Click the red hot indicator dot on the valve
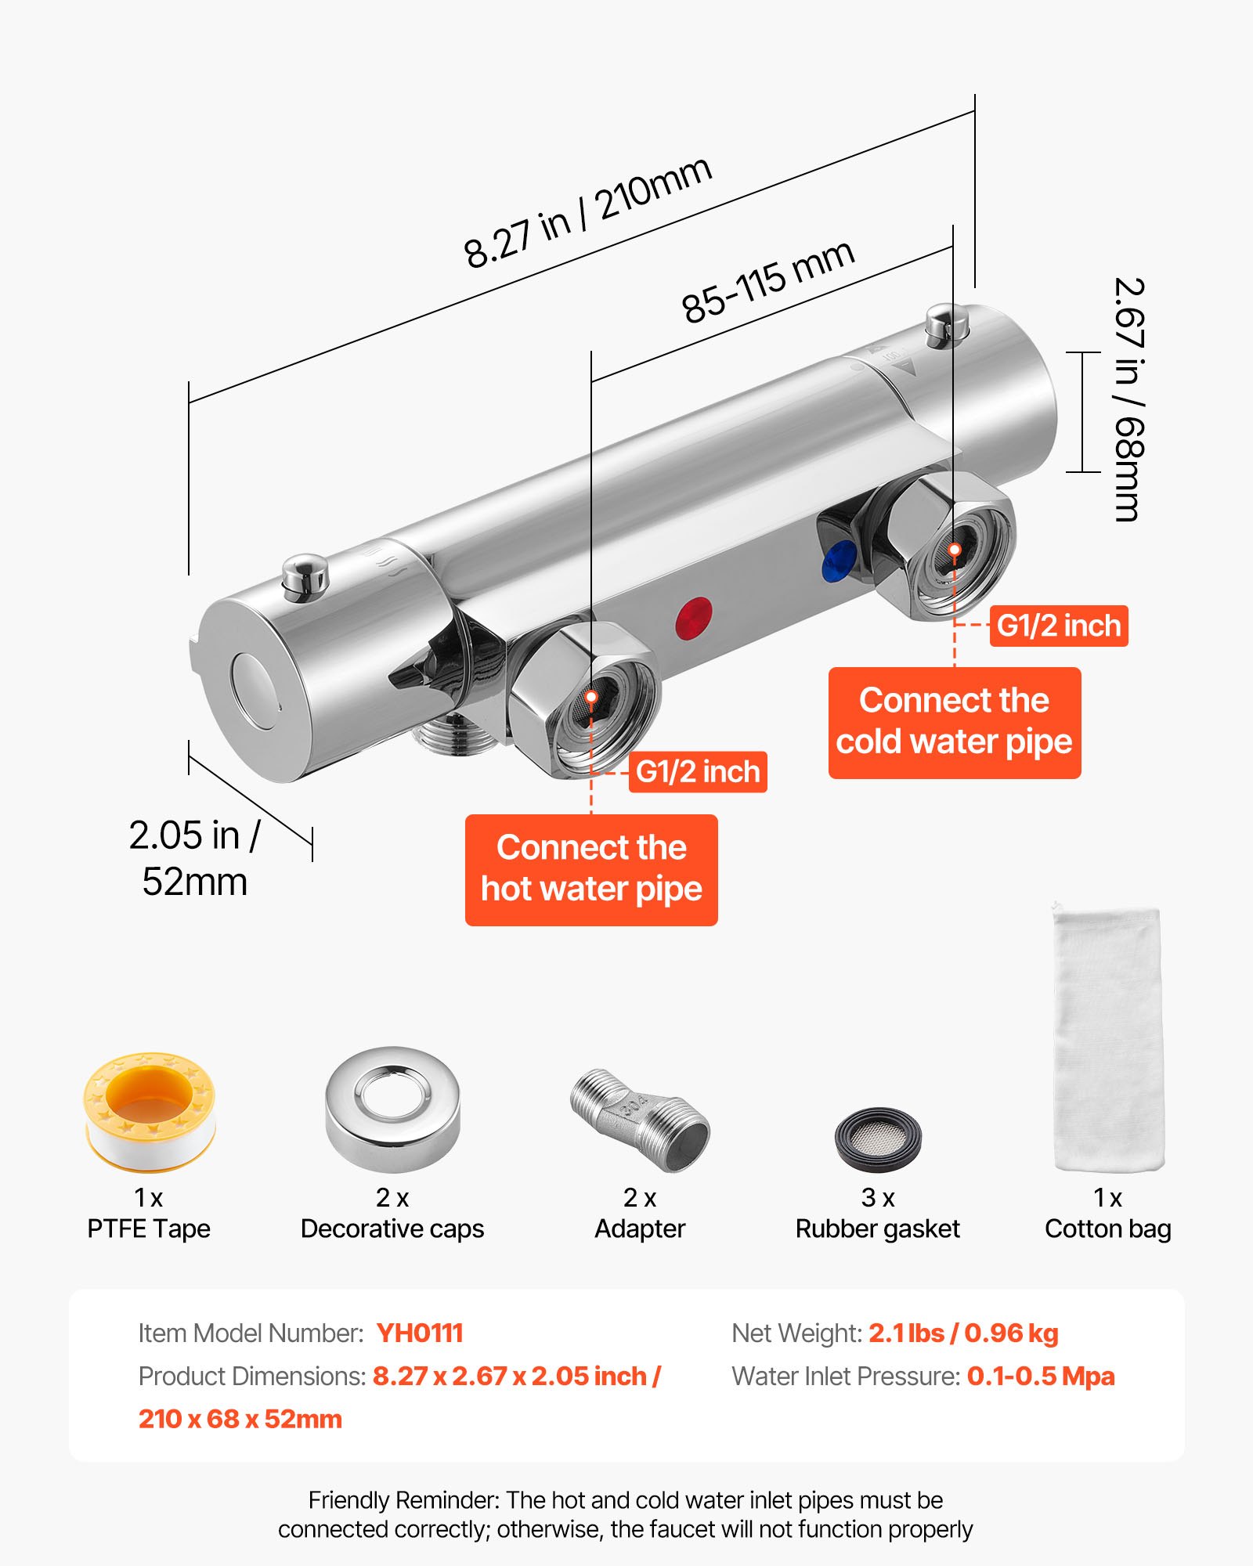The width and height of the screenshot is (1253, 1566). tap(694, 618)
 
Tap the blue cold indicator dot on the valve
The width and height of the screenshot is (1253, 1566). tap(839, 561)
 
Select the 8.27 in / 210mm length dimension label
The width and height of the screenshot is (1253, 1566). tap(587, 211)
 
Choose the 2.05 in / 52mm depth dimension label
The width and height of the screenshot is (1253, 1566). tap(194, 858)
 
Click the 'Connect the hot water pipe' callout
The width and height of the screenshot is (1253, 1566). tap(591, 869)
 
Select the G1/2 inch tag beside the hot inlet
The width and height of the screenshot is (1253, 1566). tap(698, 772)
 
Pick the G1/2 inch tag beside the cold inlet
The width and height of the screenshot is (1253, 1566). tap(1059, 626)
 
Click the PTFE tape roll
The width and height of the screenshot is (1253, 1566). tap(150, 1112)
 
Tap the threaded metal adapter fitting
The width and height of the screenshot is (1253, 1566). tap(641, 1120)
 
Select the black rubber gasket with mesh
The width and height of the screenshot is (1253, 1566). tap(878, 1138)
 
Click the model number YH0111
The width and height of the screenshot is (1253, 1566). tap(420, 1333)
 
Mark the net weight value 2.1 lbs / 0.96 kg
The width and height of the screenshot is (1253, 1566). tap(963, 1333)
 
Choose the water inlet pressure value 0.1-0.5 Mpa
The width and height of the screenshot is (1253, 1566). tap(1040, 1376)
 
